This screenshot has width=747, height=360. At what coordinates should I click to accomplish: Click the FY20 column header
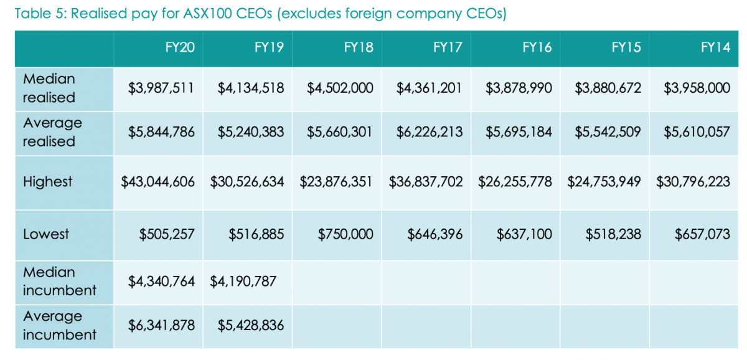(x=180, y=48)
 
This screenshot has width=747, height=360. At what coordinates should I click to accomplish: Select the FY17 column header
(x=448, y=48)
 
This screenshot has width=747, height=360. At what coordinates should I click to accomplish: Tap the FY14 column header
(x=715, y=48)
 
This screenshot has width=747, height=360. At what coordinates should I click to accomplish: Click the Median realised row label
(x=49, y=88)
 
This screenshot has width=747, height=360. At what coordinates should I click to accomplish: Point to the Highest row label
(x=47, y=182)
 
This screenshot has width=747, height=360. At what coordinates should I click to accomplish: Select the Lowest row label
(x=46, y=234)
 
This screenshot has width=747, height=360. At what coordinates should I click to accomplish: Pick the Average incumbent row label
(x=59, y=325)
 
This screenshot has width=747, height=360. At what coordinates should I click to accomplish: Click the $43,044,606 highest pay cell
(x=157, y=182)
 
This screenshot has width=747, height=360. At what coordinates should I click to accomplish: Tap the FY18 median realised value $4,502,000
(x=340, y=88)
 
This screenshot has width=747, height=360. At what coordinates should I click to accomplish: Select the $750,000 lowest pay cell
(x=345, y=234)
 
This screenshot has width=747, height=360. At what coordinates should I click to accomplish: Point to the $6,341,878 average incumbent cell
(x=161, y=325)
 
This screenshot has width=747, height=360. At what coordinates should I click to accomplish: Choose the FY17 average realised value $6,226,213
(x=429, y=132)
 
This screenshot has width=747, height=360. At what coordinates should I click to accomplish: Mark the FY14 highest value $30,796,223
(x=693, y=182)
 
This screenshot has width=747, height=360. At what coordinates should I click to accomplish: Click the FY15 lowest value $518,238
(x=613, y=234)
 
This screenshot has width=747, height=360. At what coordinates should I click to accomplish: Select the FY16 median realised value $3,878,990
(x=519, y=88)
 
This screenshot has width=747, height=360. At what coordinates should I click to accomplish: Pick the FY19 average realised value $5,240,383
(x=251, y=132)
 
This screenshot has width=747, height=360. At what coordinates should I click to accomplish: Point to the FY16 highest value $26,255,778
(x=515, y=182)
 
